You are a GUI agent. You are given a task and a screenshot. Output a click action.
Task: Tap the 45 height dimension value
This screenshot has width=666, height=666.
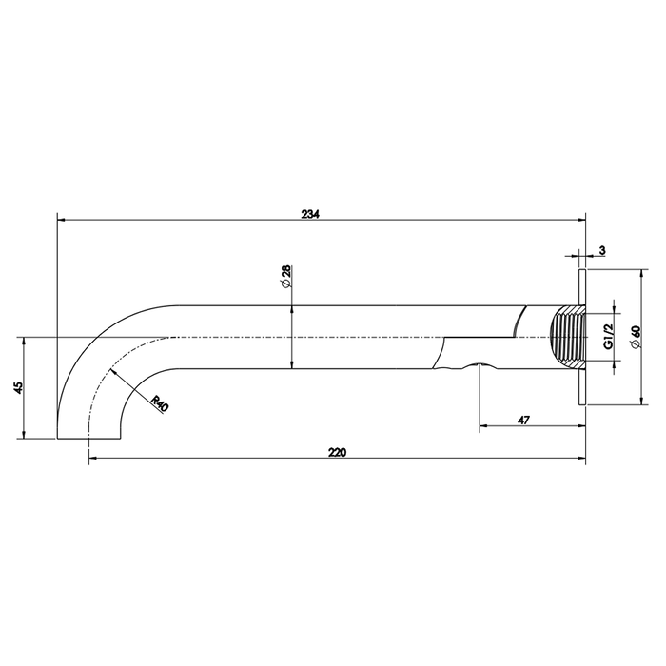tap(18, 387)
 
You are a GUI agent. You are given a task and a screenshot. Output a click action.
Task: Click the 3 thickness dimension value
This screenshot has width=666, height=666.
tap(603, 249)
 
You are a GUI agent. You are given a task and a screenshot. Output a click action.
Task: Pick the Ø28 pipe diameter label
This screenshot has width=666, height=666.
tap(285, 277)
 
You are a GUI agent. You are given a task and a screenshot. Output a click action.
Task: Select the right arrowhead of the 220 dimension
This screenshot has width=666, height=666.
tap(581, 460)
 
